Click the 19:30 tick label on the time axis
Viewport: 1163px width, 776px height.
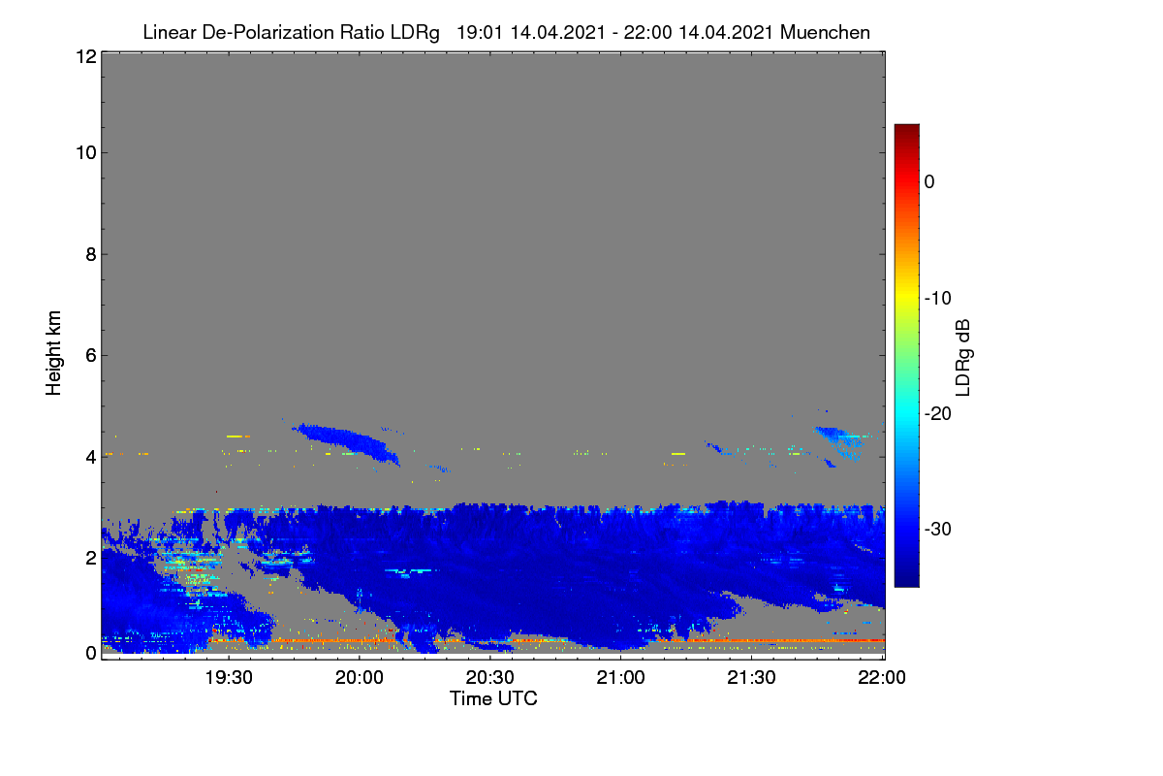(x=229, y=678)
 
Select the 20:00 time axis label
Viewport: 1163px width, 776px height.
(x=360, y=678)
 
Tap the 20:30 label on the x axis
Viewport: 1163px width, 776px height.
(x=489, y=678)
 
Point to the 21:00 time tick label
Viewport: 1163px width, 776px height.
(x=620, y=678)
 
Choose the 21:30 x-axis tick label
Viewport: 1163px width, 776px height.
(x=751, y=678)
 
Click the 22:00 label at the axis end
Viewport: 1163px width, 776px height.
(x=882, y=678)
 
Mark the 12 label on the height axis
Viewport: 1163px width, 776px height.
(x=86, y=56)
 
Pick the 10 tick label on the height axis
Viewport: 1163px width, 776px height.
(x=86, y=153)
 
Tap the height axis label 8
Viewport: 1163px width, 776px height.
(x=91, y=254)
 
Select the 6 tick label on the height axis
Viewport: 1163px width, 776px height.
(x=91, y=356)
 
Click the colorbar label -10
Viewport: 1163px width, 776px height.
(x=938, y=299)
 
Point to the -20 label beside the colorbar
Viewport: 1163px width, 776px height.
(x=938, y=414)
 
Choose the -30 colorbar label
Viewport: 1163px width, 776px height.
(x=938, y=529)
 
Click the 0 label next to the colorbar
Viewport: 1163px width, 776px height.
(x=929, y=182)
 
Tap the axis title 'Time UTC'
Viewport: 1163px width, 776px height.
(x=493, y=698)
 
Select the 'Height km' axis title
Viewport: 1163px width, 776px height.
(x=53, y=353)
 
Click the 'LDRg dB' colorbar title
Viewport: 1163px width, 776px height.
(x=963, y=358)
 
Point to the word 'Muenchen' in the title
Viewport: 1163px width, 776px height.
(x=825, y=32)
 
